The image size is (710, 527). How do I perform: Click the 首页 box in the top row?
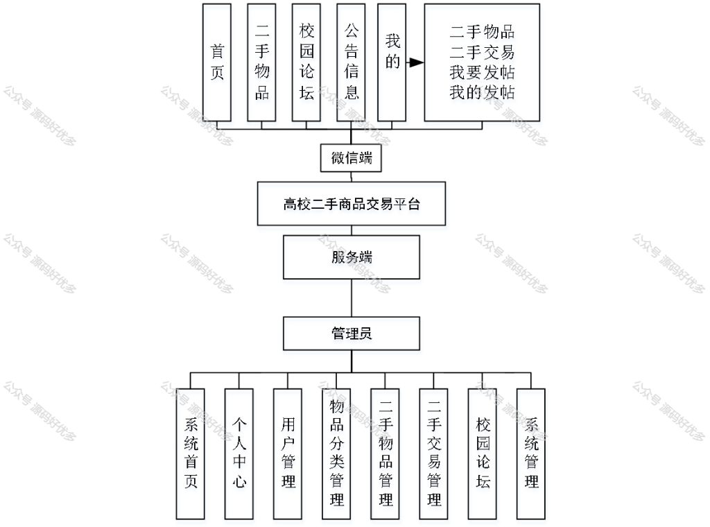(x=217, y=62)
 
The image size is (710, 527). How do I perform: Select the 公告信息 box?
(x=351, y=62)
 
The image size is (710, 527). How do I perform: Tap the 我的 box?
(x=392, y=62)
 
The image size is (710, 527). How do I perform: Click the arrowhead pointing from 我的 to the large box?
(x=416, y=62)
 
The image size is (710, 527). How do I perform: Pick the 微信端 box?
(x=351, y=158)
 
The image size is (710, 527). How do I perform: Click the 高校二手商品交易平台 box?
(x=352, y=204)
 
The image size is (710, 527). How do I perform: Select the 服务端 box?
(x=352, y=257)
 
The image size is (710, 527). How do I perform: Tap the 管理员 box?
(x=352, y=334)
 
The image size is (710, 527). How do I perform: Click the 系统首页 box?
(x=190, y=453)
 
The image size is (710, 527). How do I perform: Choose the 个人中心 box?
(x=239, y=453)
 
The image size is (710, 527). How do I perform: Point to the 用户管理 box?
(x=288, y=453)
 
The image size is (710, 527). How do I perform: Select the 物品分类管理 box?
(x=336, y=453)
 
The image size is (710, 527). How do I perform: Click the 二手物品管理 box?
(x=385, y=453)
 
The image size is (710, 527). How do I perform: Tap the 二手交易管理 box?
(x=433, y=453)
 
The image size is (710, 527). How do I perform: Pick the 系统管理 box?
(x=530, y=453)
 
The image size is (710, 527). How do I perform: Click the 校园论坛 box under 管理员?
(x=483, y=453)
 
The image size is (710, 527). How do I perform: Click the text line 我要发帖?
(x=482, y=72)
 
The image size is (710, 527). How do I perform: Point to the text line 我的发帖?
(x=482, y=92)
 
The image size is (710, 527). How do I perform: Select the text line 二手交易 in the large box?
(x=482, y=53)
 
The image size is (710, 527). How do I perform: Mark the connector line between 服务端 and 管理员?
(x=352, y=298)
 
